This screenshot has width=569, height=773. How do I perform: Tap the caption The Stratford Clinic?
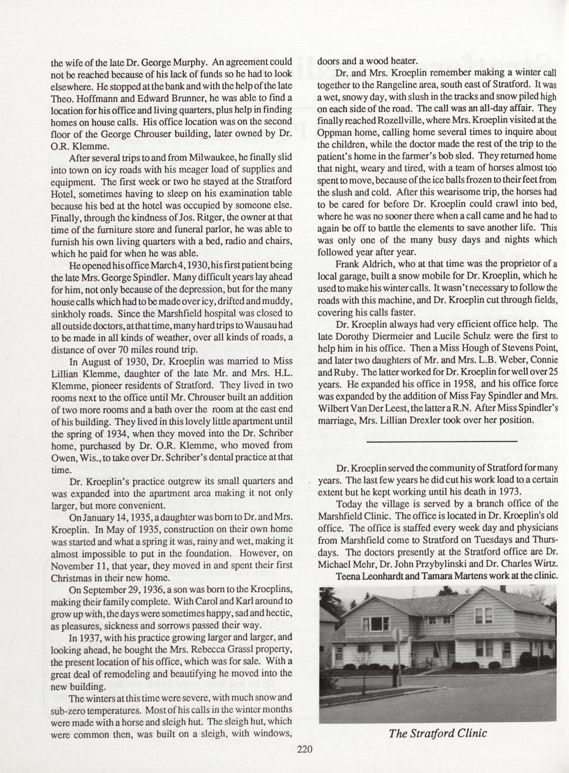(x=438, y=733)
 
